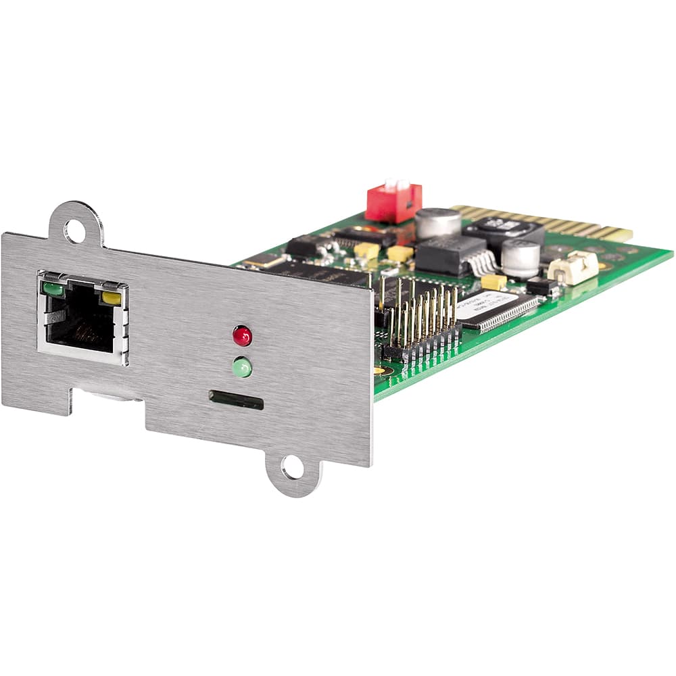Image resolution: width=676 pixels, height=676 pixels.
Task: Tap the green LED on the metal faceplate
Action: [x=241, y=368]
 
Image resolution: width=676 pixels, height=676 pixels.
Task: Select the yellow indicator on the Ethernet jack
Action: [x=111, y=297]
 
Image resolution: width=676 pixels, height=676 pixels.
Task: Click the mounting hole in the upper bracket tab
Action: [x=74, y=231]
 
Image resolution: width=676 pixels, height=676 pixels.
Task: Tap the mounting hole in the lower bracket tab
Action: [x=293, y=467]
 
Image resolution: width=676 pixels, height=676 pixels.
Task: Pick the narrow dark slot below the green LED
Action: [x=236, y=400]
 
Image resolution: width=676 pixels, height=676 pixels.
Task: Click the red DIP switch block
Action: [x=393, y=202]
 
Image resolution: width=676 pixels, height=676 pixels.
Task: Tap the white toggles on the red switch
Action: [x=396, y=185]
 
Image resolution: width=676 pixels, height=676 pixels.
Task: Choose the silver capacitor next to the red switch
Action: [x=437, y=222]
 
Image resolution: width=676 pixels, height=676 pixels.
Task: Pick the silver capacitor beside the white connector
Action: [x=521, y=258]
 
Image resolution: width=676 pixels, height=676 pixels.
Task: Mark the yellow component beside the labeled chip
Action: [x=493, y=281]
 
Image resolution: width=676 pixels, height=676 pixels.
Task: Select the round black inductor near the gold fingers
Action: [x=504, y=230]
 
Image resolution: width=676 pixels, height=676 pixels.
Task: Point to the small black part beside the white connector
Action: [x=541, y=286]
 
